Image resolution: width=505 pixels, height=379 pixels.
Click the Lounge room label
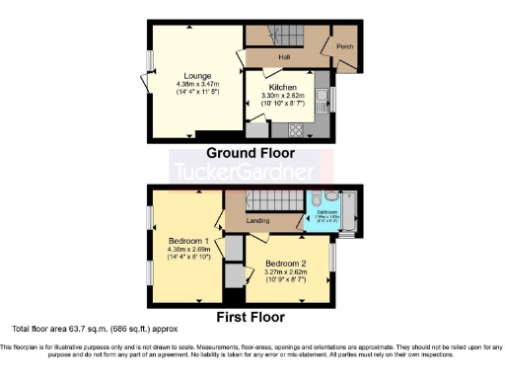[194, 74]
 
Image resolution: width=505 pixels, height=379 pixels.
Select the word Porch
[344, 46]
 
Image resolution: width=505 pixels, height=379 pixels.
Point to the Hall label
[284, 57]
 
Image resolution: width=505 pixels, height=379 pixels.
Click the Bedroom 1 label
[186, 241]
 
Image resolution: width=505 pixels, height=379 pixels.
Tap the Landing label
[258, 220]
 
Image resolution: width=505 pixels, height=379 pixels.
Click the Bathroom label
[326, 211]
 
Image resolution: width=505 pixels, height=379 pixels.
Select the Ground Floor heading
[252, 153]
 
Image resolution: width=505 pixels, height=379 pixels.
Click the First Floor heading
[252, 317]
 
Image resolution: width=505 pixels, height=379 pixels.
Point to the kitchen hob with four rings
[296, 129]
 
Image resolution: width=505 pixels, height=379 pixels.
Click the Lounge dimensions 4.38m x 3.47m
[194, 83]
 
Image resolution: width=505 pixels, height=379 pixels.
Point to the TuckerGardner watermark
[252, 174]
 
